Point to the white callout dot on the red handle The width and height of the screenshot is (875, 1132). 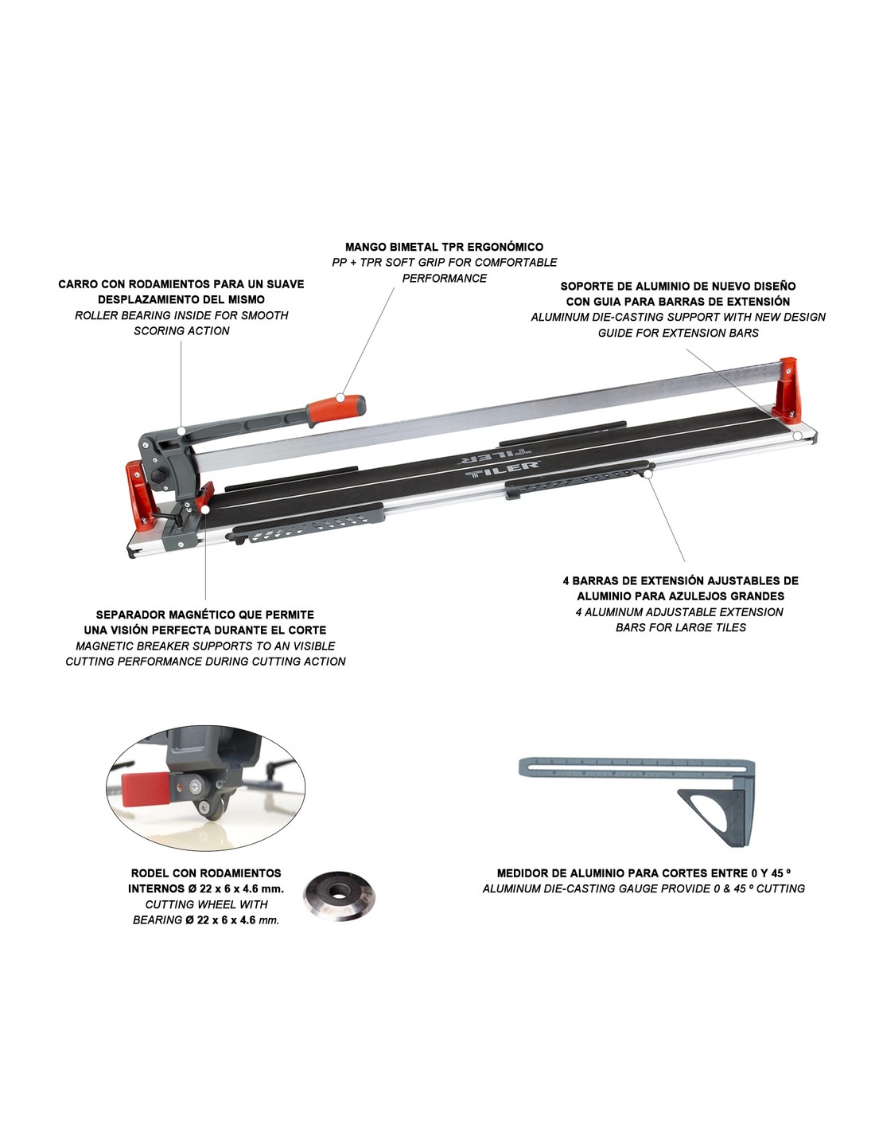coord(340,397)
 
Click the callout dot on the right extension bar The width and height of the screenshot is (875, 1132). coord(647,473)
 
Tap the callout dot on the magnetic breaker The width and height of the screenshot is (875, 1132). coord(205,509)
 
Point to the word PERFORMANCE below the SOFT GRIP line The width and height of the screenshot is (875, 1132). coord(444,278)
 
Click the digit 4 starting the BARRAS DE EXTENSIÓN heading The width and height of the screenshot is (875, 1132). coord(566,580)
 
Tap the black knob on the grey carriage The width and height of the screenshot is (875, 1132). coord(157,475)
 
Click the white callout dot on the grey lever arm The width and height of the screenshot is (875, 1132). coord(181,431)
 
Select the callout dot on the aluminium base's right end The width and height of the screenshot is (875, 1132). coord(797,435)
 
